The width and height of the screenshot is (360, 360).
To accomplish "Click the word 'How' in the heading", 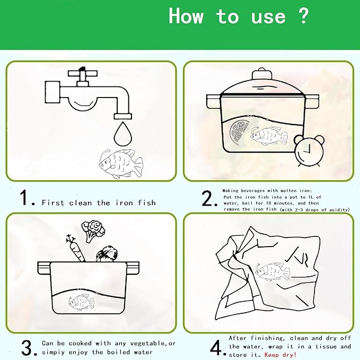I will pyautogui.click(x=186, y=16).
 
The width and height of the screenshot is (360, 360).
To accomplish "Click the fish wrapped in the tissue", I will pyautogui.click(x=273, y=272).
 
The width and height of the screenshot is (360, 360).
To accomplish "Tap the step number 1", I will pyautogui.click(x=27, y=198).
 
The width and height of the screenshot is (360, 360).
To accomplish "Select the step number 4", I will pyautogui.click(x=217, y=347).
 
